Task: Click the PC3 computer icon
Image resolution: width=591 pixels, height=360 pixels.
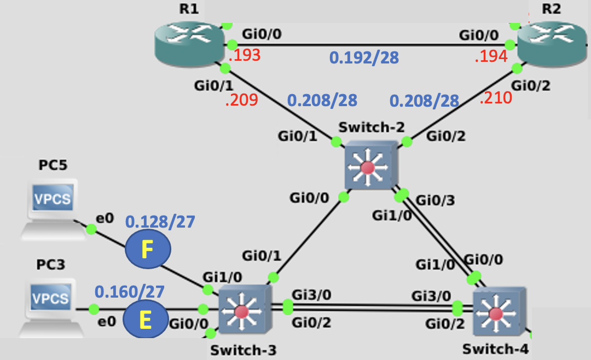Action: [x=51, y=306]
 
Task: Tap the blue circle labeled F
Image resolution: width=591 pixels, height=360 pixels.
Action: [x=148, y=251]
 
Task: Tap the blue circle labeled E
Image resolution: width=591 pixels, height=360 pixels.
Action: [x=146, y=320]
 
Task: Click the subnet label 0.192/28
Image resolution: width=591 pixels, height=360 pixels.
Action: [x=363, y=57]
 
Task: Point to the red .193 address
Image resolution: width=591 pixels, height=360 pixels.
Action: [x=244, y=55]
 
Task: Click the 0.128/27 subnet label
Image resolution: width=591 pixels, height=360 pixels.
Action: [x=160, y=222]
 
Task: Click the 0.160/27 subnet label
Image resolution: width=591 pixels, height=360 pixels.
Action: [x=130, y=292]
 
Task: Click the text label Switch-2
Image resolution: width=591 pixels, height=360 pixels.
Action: [x=372, y=127]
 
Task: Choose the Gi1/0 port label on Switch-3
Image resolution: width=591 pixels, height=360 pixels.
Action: [x=218, y=275]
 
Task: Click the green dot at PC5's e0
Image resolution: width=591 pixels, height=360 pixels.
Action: [x=91, y=230]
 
